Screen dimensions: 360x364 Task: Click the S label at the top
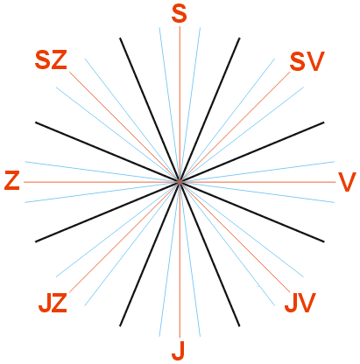pyautogui.click(x=179, y=14)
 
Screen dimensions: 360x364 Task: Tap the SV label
pyautogui.click(x=307, y=61)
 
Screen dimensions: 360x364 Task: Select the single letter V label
pyautogui.click(x=347, y=182)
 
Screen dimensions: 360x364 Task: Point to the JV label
pyautogui.click(x=300, y=303)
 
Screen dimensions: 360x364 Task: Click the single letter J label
pyautogui.click(x=179, y=350)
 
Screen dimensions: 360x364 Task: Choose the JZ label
pyautogui.click(x=53, y=303)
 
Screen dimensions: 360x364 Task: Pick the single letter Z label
pyautogui.click(x=12, y=181)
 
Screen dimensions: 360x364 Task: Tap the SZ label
pyautogui.click(x=51, y=59)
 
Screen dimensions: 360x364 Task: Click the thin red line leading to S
pyautogui.click(x=180, y=104)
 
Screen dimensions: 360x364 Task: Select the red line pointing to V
pyautogui.click(x=258, y=182)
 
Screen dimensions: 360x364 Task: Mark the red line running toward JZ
pyautogui.click(x=124, y=237)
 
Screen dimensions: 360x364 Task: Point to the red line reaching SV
pyautogui.click(x=235, y=127)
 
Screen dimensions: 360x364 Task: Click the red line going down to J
pyautogui.click(x=180, y=260)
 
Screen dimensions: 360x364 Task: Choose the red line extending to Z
pyautogui.click(x=102, y=182)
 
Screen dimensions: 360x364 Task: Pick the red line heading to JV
pyautogui.click(x=235, y=237)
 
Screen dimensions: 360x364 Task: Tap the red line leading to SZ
pyautogui.click(x=124, y=127)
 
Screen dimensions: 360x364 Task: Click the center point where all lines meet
pyautogui.click(x=180, y=182)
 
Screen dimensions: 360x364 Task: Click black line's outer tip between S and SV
pyautogui.click(x=239, y=38)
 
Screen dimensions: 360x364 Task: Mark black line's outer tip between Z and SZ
pyautogui.click(x=36, y=122)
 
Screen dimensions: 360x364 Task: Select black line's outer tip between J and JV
pyautogui.click(x=239, y=325)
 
